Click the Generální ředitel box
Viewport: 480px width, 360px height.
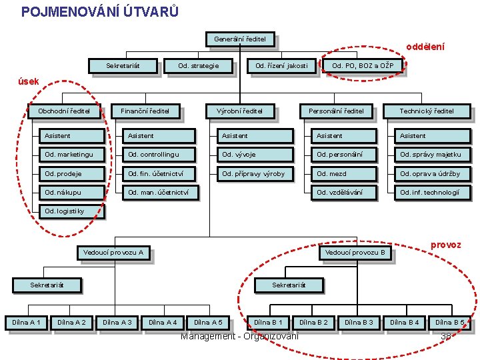240,39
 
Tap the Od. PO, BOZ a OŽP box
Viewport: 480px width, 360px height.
363,65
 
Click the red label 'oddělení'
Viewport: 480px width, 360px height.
425,47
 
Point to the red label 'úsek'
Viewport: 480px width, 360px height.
29,81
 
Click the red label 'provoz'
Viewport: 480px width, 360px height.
445,245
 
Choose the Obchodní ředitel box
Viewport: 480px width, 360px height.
64,111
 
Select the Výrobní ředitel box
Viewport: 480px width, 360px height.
239,111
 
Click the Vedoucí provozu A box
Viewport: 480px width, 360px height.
113,253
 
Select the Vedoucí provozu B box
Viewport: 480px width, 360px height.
355,253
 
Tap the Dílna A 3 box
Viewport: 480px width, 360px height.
117,323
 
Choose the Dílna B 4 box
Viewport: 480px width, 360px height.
405,323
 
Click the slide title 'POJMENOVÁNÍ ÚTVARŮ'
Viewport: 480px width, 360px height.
99,11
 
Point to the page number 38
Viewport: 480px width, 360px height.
447,336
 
